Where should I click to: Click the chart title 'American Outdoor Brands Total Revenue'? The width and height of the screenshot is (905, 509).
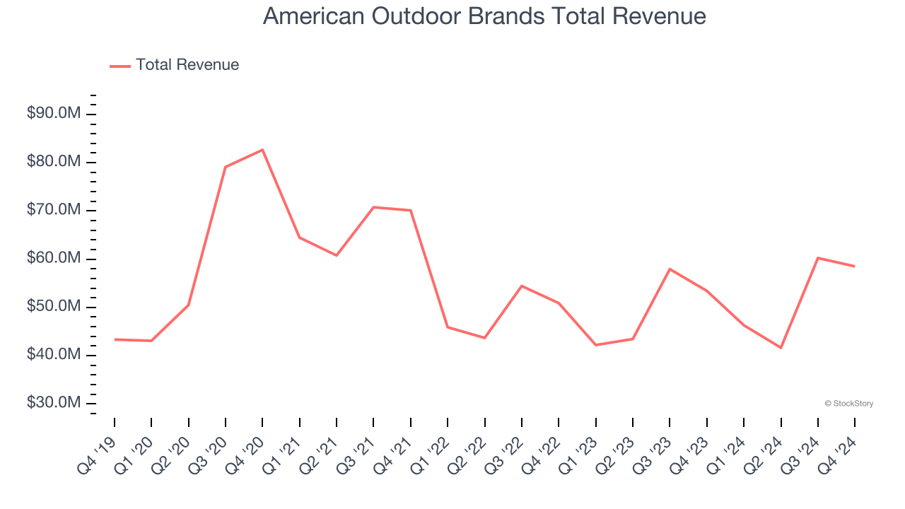484,16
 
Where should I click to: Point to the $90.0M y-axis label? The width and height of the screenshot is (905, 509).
54,114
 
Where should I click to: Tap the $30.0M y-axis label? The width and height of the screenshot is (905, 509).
54,403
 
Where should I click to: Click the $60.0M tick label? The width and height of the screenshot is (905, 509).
54,259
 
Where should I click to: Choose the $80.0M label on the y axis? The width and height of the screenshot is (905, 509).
54,162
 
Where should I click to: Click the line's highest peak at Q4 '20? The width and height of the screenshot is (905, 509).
262,150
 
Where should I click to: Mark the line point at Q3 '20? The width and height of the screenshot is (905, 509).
226,167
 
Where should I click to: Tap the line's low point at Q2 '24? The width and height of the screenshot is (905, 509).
781,348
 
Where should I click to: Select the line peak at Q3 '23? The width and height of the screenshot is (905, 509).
670,269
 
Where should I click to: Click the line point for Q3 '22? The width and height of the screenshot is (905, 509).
522,286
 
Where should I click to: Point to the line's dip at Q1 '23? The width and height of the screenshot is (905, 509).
595,345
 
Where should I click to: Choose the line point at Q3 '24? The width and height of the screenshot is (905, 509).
818,258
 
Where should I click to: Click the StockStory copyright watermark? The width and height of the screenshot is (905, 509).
848,404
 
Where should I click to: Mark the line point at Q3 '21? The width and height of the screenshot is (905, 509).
373,207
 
